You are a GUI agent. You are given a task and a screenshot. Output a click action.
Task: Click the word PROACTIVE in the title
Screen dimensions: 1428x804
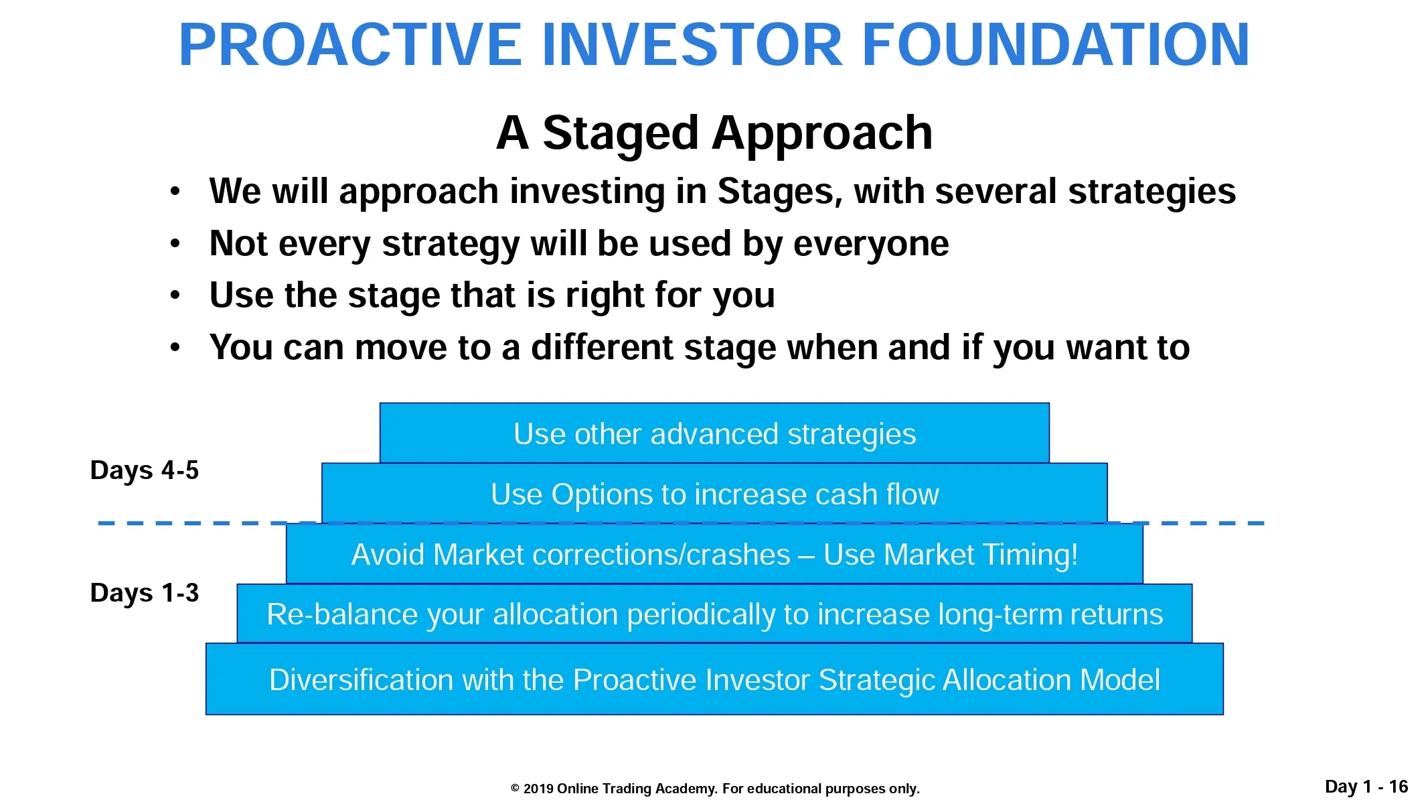click(350, 45)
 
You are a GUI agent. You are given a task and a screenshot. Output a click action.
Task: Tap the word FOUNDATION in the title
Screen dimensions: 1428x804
click(1056, 45)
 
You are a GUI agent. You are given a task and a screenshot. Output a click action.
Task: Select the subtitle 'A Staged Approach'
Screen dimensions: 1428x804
click(714, 133)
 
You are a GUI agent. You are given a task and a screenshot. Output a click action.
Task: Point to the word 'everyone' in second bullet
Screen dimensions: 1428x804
click(871, 244)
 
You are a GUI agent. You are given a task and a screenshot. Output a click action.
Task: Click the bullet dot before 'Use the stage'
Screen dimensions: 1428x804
click(175, 295)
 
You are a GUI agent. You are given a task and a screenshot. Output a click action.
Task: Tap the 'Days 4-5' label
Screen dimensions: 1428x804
click(145, 470)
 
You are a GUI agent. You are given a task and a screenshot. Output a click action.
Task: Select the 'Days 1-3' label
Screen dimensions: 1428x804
click(145, 593)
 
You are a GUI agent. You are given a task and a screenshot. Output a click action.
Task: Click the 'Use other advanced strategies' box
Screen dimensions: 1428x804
click(714, 433)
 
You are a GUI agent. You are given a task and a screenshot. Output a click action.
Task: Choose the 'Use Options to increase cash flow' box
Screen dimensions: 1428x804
click(714, 493)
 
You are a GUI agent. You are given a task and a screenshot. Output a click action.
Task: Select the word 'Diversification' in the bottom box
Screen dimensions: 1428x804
click(362, 679)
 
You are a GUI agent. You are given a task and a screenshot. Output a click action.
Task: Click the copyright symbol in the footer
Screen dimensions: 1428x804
click(515, 789)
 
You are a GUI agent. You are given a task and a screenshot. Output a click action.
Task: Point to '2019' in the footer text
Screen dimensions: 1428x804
click(538, 789)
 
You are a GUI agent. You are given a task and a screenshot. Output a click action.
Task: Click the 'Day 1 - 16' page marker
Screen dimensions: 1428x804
click(1366, 787)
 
